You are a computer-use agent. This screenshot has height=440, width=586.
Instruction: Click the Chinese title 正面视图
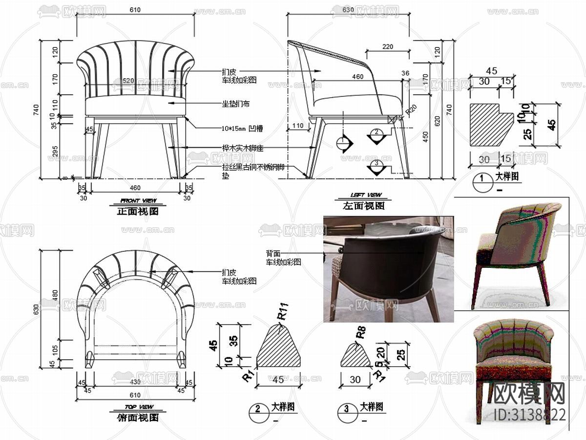click(x=138, y=212)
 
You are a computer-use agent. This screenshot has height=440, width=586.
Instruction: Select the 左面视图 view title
click(x=364, y=206)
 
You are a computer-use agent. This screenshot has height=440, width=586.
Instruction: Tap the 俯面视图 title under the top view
click(x=138, y=418)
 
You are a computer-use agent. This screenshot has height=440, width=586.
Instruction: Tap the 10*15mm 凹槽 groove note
click(x=242, y=129)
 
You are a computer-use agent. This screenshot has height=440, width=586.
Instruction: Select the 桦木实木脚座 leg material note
click(x=242, y=148)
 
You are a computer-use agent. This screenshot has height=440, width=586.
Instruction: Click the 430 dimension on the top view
click(x=135, y=382)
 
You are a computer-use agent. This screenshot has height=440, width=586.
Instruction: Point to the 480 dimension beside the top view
click(x=55, y=295)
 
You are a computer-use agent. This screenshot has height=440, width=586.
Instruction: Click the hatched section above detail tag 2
click(x=278, y=347)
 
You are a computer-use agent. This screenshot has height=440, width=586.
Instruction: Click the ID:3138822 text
click(x=530, y=415)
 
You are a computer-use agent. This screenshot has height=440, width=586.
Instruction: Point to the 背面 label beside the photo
click(x=273, y=253)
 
